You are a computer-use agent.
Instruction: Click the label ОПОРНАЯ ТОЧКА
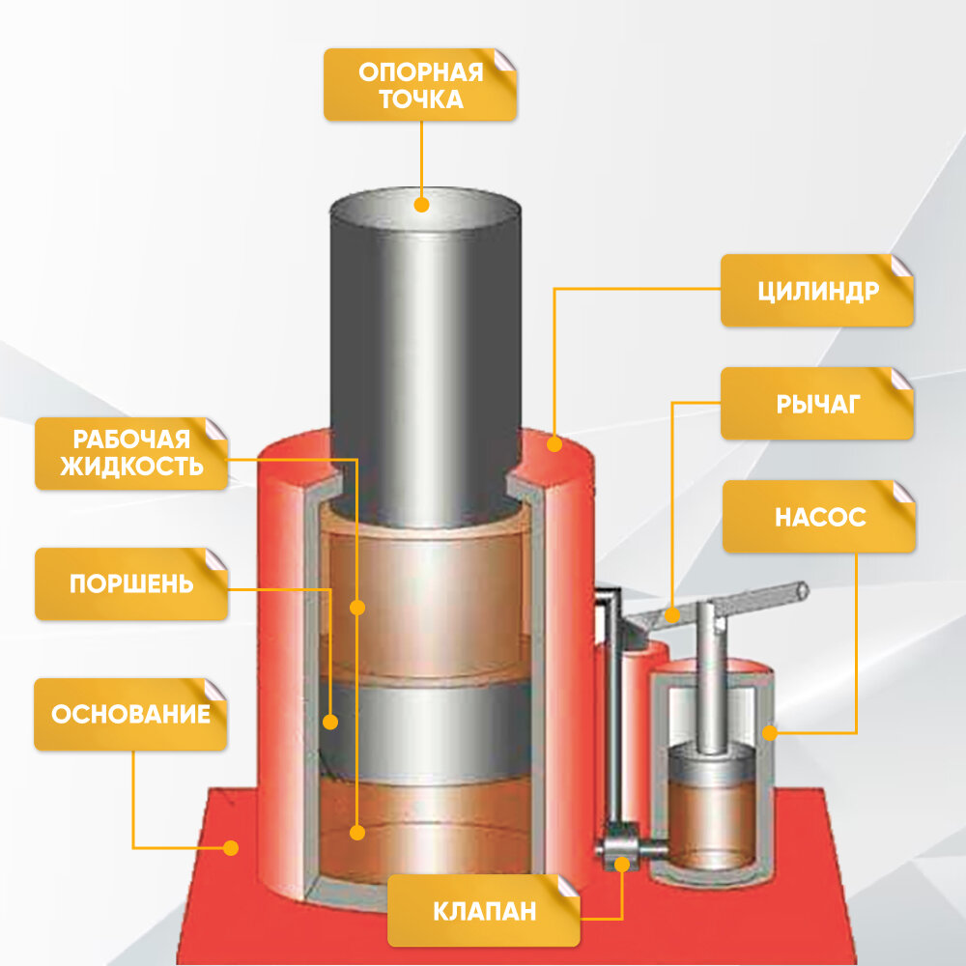click(420, 85)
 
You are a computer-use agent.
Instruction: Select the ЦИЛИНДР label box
click(816, 290)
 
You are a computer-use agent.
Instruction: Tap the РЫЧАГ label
click(816, 404)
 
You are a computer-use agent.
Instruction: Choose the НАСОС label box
click(818, 517)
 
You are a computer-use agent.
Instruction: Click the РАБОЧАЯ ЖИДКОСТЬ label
click(131, 452)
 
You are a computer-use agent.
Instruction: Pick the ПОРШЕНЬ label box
click(131, 583)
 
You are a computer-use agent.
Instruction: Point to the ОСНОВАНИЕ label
click(131, 714)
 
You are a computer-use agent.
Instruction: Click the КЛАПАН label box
click(483, 911)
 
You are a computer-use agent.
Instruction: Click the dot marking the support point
click(421, 205)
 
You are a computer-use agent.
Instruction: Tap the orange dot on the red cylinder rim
click(554, 444)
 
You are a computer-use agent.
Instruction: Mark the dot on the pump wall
click(770, 733)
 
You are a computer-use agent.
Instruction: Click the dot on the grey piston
click(330, 722)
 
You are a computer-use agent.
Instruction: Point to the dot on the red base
click(230, 847)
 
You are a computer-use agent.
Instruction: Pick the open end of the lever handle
click(801, 587)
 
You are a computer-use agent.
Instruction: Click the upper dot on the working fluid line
click(357, 608)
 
